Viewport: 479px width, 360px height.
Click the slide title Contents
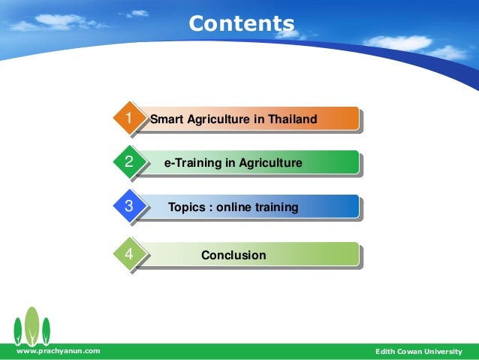pyautogui.click(x=241, y=23)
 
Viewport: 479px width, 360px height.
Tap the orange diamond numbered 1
pyautogui.click(x=130, y=117)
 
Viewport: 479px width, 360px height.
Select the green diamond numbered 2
pyautogui.click(x=130, y=162)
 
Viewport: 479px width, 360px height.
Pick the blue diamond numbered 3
pyautogui.click(x=130, y=205)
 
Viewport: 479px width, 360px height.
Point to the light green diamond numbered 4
pyautogui.click(x=130, y=253)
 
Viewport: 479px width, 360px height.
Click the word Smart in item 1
pyautogui.click(x=167, y=119)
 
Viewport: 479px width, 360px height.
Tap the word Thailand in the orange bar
pyautogui.click(x=293, y=119)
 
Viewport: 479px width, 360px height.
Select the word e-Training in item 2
pyautogui.click(x=193, y=163)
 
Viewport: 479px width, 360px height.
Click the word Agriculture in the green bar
pyautogui.click(x=271, y=163)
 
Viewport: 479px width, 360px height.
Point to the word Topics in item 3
pyautogui.click(x=187, y=207)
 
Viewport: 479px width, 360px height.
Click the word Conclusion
pyautogui.click(x=233, y=255)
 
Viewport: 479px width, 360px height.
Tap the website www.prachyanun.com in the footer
pyautogui.click(x=59, y=351)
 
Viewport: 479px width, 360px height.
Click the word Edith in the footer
pyautogui.click(x=385, y=352)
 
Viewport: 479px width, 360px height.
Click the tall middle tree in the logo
pyautogui.click(x=32, y=325)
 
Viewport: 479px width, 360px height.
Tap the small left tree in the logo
pyautogui.click(x=18, y=331)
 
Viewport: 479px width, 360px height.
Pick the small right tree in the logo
pyautogui.click(x=46, y=331)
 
